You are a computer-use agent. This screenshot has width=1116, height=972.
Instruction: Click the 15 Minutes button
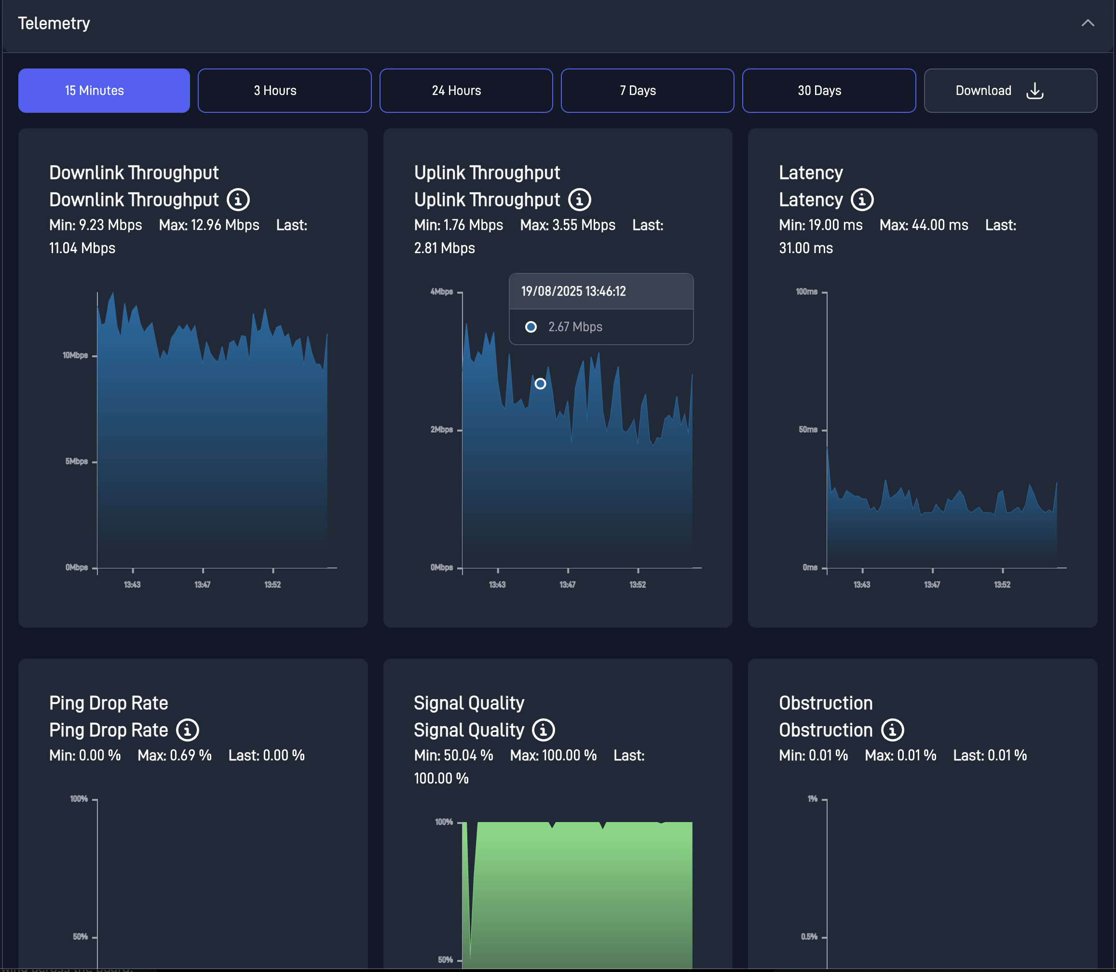click(104, 91)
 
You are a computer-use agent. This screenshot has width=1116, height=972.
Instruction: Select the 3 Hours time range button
click(284, 91)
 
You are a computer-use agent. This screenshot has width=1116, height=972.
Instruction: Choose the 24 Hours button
click(465, 91)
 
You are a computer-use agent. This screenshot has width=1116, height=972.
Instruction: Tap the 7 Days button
click(647, 91)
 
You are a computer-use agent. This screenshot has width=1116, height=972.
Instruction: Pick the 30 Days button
click(829, 91)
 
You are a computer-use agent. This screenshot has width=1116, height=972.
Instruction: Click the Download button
click(1010, 91)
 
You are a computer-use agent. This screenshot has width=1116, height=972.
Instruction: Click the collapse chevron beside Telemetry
click(1087, 23)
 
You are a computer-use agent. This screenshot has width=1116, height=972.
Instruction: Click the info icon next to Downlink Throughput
click(238, 200)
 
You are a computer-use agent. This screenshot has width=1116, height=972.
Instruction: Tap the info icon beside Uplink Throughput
click(579, 200)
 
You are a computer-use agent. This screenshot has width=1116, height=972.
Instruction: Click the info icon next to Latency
click(861, 200)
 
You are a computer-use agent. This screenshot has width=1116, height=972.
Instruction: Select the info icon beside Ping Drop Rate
click(188, 730)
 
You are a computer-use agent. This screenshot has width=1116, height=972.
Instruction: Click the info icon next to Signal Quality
click(543, 730)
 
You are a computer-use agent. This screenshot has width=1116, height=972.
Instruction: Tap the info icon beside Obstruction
click(892, 730)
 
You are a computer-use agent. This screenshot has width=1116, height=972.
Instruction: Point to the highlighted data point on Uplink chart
click(540, 384)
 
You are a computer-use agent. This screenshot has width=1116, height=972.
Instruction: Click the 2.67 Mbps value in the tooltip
click(575, 327)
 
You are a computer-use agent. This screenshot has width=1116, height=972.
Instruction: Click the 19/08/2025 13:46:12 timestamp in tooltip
click(573, 291)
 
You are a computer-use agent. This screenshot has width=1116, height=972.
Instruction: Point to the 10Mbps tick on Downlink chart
click(75, 355)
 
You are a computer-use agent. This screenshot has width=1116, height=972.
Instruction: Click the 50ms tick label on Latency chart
click(808, 430)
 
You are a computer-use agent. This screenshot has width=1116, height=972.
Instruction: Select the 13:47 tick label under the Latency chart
click(932, 585)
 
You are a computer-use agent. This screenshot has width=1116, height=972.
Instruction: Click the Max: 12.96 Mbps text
click(209, 225)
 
